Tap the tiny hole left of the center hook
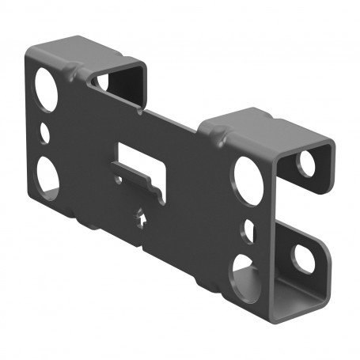(118, 180)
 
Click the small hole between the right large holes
(248, 230)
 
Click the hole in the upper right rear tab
(305, 162)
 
